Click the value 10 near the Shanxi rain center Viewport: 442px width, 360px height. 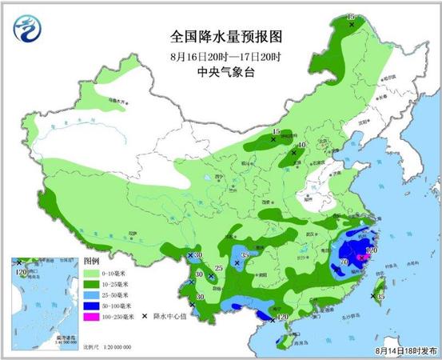click(x=302, y=145)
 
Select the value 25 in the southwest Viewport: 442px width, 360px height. click(x=218, y=268)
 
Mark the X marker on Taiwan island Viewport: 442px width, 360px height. click(x=372, y=297)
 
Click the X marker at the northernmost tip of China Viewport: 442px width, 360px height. click(x=351, y=23)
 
